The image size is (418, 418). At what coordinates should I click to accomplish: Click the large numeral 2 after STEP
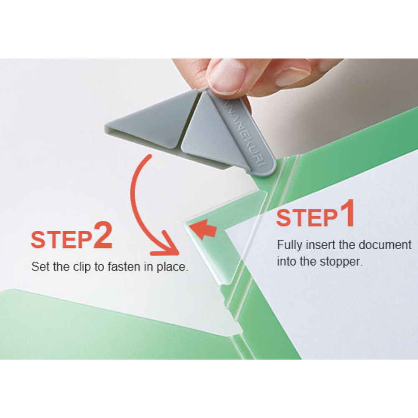[x=103, y=235]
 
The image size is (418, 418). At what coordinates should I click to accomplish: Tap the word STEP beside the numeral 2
[x=61, y=240]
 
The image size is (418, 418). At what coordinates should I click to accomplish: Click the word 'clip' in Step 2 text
[x=82, y=267]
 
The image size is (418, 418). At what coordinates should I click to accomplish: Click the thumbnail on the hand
[x=227, y=76]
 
